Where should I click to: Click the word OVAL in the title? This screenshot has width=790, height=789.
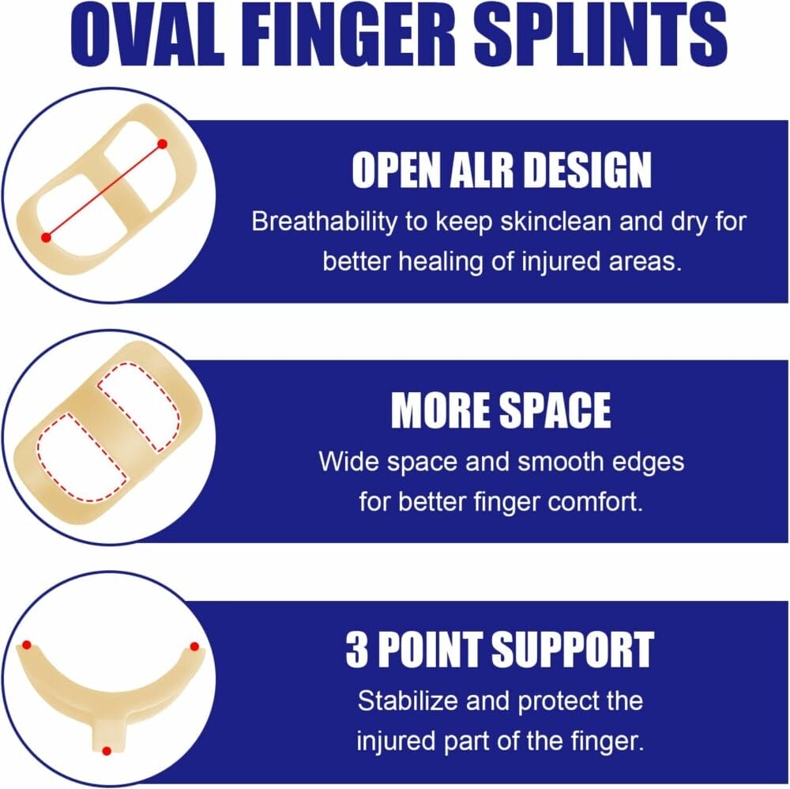(147, 36)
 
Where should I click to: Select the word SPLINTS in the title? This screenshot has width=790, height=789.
(600, 36)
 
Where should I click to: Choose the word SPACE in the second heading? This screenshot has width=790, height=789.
(555, 410)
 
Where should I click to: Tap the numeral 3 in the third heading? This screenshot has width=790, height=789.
(357, 650)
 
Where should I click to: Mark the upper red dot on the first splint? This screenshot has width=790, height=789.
(162, 144)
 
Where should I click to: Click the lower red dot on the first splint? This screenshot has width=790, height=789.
(46, 237)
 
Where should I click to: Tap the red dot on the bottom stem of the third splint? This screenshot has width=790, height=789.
(107, 751)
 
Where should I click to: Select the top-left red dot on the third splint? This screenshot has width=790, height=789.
(27, 645)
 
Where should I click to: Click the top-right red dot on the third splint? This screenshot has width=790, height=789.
(194, 647)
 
